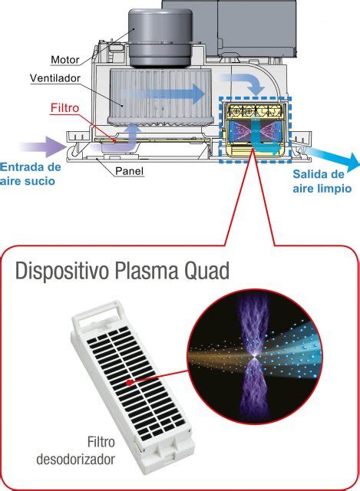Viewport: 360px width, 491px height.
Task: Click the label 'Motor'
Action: tap(65, 59)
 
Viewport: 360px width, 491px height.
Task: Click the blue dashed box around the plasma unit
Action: tap(255, 130)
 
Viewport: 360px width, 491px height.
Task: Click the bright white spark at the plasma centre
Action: tap(253, 358)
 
